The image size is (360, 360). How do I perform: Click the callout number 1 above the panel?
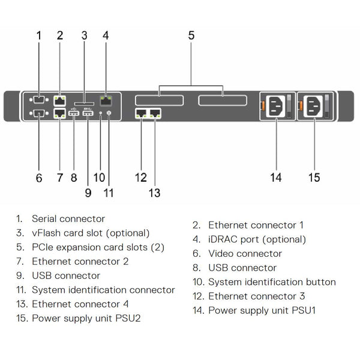click(39, 35)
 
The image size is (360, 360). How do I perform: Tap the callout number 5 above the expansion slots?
click(191, 35)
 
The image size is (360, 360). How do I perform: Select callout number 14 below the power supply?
click(275, 177)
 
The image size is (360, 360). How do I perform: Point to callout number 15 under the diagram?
click(314, 177)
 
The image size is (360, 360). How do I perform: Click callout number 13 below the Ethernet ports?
click(155, 193)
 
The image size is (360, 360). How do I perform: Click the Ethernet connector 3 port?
click(142, 112)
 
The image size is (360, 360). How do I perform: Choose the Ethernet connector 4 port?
click(155, 112)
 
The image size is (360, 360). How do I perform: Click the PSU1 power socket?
click(275, 107)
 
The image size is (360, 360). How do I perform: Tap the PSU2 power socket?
click(314, 107)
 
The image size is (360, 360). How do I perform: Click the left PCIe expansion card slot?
click(158, 100)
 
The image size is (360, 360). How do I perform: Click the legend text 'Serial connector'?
click(68, 219)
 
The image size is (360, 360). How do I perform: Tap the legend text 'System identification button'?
click(272, 282)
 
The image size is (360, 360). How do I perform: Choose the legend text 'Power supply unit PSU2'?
click(86, 319)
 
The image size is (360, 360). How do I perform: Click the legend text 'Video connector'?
click(245, 254)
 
